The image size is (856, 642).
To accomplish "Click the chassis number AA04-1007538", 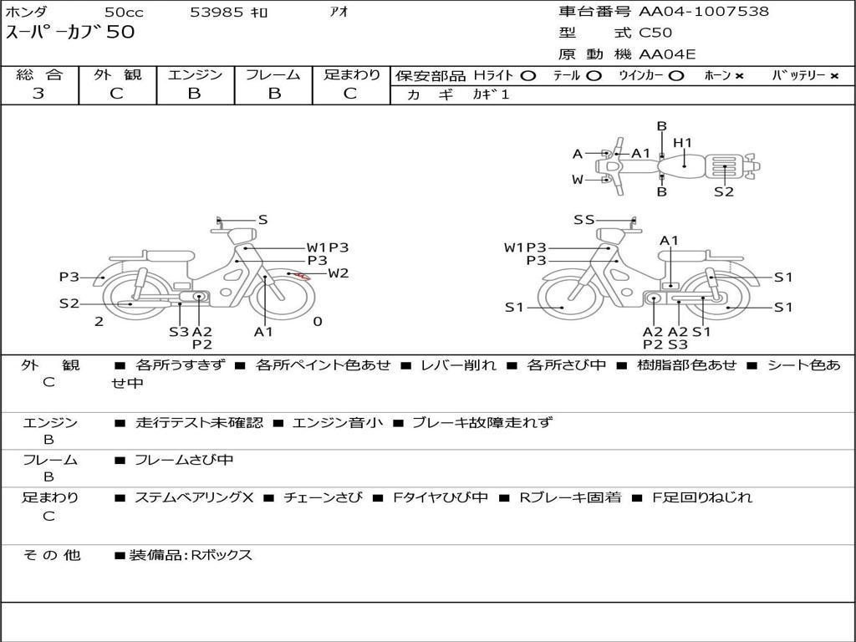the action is [704, 12].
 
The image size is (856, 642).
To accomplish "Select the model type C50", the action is [655, 33].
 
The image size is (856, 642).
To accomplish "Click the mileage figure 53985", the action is [217, 12].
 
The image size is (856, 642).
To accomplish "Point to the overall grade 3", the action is [38, 94].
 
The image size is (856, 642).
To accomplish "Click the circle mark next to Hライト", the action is [528, 76].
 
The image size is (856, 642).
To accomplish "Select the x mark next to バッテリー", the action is [834, 76].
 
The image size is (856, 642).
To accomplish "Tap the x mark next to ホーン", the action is [739, 76].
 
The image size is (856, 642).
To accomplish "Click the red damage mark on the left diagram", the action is [303, 276].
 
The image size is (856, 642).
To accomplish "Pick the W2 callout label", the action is [338, 273].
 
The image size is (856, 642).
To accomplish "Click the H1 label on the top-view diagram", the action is [682, 143].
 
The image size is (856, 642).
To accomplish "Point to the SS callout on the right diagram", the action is [584, 220].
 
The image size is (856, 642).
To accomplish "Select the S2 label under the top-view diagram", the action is [724, 191].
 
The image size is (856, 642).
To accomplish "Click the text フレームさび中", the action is [184, 461].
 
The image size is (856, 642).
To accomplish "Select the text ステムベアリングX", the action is [194, 497].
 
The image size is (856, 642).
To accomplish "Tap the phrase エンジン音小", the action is [338, 422].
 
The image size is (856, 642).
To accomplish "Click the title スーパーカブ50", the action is [70, 33].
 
